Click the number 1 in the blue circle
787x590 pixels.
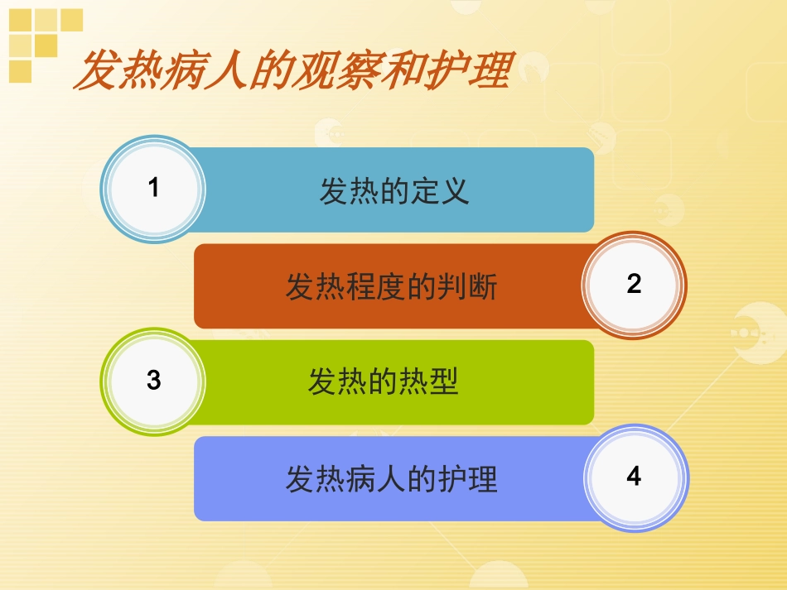tap(153, 189)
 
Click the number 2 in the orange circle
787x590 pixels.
tap(634, 285)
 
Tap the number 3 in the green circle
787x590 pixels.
tap(153, 381)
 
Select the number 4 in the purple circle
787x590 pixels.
tap(634, 477)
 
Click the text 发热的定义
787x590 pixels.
tap(394, 190)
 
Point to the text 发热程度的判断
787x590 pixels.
tap(392, 287)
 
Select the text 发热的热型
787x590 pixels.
tap(384, 382)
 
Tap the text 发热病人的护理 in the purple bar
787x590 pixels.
tap(392, 479)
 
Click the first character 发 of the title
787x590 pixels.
tap(95, 70)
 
